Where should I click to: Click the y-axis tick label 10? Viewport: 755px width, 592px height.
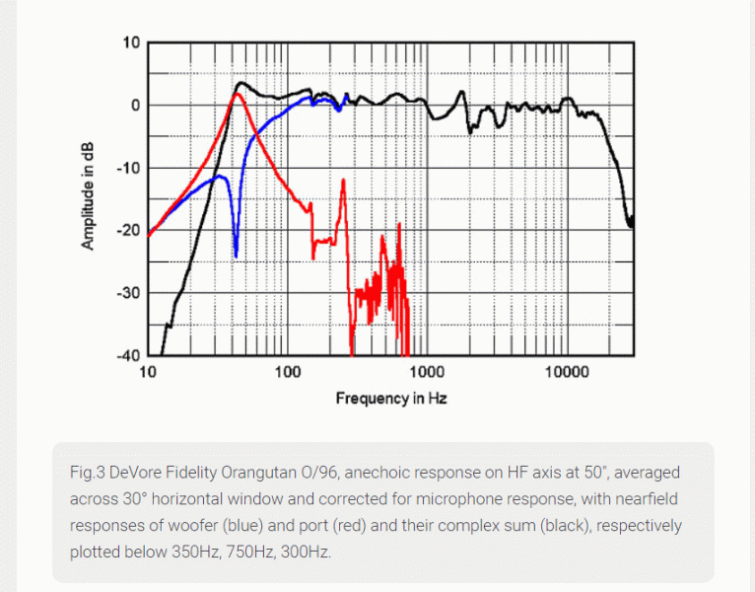(x=132, y=43)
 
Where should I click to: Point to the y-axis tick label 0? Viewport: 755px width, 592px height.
(x=136, y=106)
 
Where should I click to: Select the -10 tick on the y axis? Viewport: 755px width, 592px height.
(x=129, y=168)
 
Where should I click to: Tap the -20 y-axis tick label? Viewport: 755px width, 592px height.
(x=129, y=230)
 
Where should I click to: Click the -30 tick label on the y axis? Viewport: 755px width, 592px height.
(x=129, y=293)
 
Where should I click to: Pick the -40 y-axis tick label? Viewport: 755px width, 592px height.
(x=129, y=355)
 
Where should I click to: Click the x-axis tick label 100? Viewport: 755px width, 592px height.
(x=288, y=373)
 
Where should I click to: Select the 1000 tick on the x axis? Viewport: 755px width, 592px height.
(x=427, y=373)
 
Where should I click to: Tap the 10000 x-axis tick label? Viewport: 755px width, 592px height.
(x=566, y=373)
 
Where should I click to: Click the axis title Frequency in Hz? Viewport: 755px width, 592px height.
(x=391, y=399)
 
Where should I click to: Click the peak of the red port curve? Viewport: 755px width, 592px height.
(x=236, y=94)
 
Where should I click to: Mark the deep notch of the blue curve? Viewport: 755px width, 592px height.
(x=236, y=255)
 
